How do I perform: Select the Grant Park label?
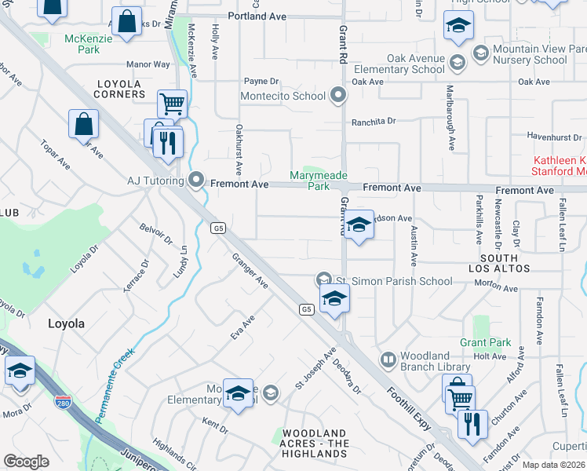(x=486, y=342)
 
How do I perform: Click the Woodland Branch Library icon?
(x=388, y=360)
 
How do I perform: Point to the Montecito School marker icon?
(x=338, y=97)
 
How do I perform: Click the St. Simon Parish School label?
(x=394, y=281)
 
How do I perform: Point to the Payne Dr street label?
(x=261, y=81)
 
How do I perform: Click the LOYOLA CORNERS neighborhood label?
(x=121, y=89)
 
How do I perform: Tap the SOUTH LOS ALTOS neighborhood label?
(x=499, y=263)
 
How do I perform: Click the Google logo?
(x=26, y=462)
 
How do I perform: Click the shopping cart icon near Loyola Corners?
(x=172, y=102)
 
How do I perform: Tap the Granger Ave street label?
(x=250, y=270)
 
